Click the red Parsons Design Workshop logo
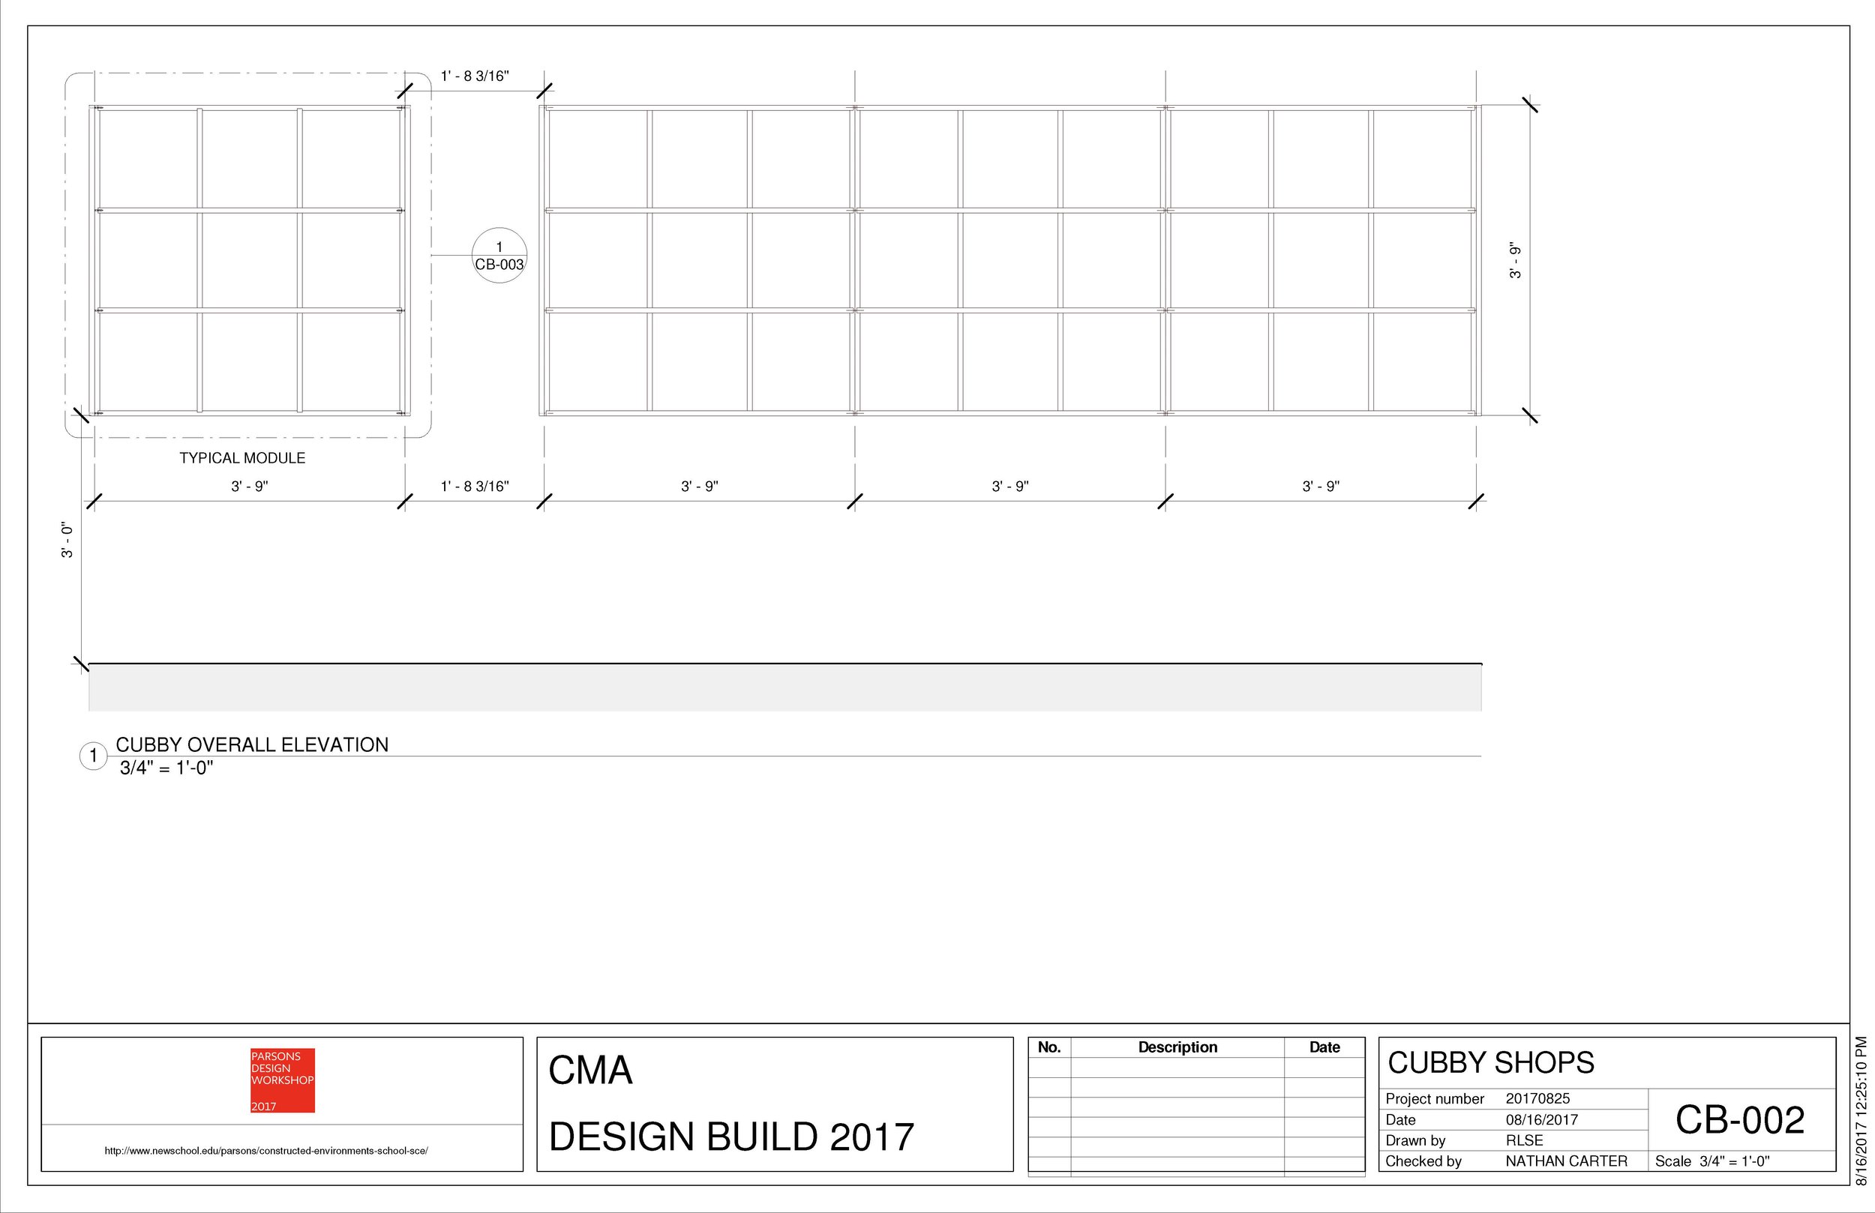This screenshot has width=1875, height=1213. click(282, 1080)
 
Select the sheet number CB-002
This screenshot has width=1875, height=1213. click(1739, 1120)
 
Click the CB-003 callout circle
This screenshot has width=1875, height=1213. click(499, 256)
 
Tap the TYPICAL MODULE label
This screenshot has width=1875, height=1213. click(241, 458)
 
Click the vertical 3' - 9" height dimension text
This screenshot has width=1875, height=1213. click(1515, 261)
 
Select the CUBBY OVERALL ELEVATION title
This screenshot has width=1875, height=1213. click(252, 745)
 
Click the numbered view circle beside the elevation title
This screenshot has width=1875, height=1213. click(93, 756)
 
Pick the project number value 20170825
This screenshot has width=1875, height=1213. click(1537, 1099)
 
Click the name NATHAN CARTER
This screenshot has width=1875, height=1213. click(1565, 1161)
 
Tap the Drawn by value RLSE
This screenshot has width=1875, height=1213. click(1524, 1140)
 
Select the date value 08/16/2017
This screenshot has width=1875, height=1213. click(1541, 1120)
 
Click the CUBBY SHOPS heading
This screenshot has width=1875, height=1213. click(1490, 1063)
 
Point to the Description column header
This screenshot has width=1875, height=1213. click(1177, 1047)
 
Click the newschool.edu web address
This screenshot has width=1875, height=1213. click(266, 1151)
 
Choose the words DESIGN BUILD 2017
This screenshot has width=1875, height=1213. click(731, 1137)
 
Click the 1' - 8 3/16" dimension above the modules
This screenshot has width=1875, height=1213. click(474, 76)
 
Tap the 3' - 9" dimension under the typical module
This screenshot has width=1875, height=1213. click(249, 487)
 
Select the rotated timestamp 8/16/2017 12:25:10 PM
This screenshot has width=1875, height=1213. click(1861, 1110)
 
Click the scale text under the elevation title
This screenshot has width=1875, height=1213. click(166, 768)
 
